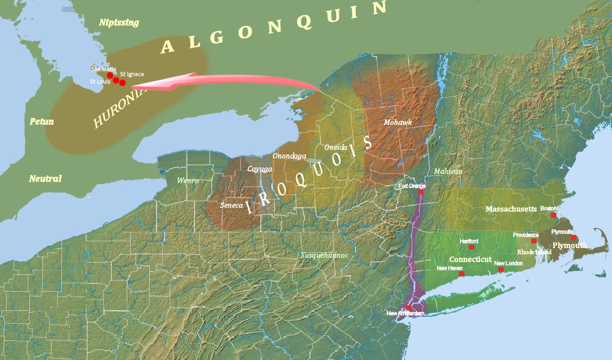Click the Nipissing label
pyautogui.click(x=119, y=23)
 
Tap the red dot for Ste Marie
pyautogui.click(x=110, y=75)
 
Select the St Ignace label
pyautogui.click(x=132, y=74)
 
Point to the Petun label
pyautogui.click(x=42, y=122)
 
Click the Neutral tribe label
pyautogui.click(x=45, y=179)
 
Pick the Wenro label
pyautogui.click(x=187, y=181)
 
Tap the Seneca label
pyautogui.click(x=231, y=205)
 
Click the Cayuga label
pyautogui.click(x=259, y=169)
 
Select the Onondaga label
pyautogui.click(x=289, y=156)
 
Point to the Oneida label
pyautogui.click(x=335, y=148)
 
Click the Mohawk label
pyautogui.click(x=398, y=122)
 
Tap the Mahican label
pyautogui.click(x=448, y=171)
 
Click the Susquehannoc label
pyautogui.click(x=324, y=255)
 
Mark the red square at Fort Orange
pyautogui.click(x=421, y=192)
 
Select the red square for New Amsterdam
pyautogui.click(x=409, y=308)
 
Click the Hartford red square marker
pyautogui.click(x=471, y=247)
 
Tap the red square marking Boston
pyautogui.click(x=553, y=215)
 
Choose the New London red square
pyautogui.click(x=501, y=269)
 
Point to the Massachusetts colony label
pyautogui.click(x=511, y=209)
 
